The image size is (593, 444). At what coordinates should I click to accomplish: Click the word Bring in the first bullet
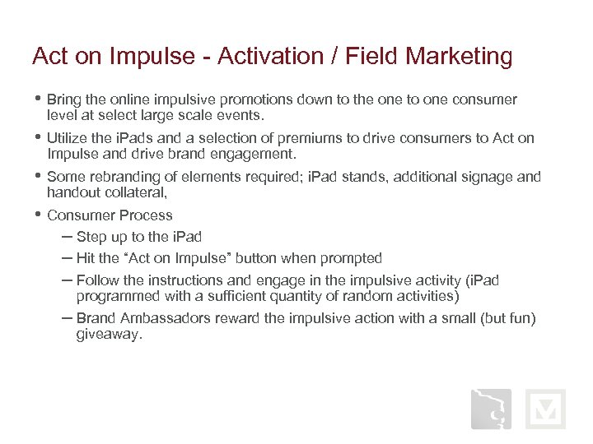pos(65,99)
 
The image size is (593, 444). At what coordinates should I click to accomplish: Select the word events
pos(244,115)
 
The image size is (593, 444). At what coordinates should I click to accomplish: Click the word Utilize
pos(68,138)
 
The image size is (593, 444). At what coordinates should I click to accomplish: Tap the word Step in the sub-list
pos(91,237)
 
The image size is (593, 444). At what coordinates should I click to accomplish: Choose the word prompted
pos(353,258)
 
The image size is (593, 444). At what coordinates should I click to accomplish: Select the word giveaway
pos(108,334)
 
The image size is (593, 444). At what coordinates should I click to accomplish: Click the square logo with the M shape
pos(546,409)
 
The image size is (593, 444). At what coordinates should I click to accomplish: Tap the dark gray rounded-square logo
pos(491,409)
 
